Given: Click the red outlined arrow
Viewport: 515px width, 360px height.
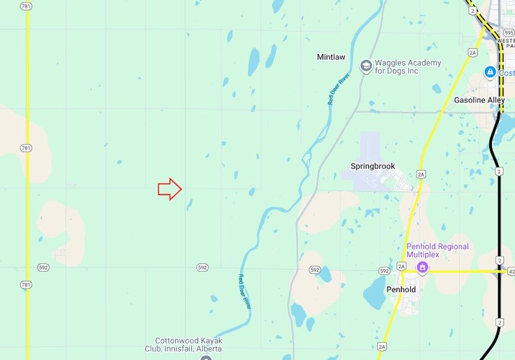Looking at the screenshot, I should (170, 189).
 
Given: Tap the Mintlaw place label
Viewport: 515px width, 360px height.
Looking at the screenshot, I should (331, 57).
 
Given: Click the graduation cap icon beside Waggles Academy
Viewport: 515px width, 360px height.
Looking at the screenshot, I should (366, 66).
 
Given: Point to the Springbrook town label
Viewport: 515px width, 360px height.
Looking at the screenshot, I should (372, 166).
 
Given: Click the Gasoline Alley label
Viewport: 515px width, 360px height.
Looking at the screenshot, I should (480, 100).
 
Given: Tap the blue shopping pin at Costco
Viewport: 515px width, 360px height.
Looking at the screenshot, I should (491, 72).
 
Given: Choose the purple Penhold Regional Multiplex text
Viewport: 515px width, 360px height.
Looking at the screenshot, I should (437, 251).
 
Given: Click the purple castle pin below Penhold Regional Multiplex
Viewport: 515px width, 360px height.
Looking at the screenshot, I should (422, 267).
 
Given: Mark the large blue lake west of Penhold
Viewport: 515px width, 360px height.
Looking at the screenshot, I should (374, 294).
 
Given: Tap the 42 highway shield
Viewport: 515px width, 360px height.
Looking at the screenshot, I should (510, 272).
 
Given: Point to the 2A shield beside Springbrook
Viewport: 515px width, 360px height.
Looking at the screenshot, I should (421, 175).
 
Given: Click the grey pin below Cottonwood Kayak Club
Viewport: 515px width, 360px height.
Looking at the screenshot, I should (205, 357).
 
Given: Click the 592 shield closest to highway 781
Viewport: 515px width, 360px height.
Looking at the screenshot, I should (43, 267).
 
